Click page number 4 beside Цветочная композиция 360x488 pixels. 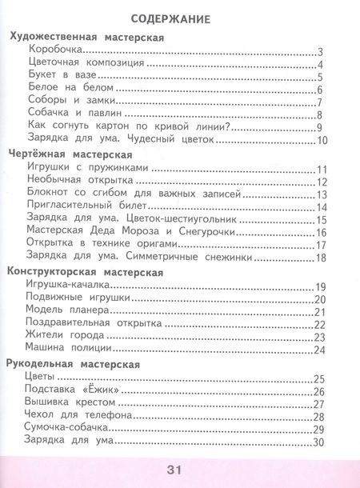point(319,65)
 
